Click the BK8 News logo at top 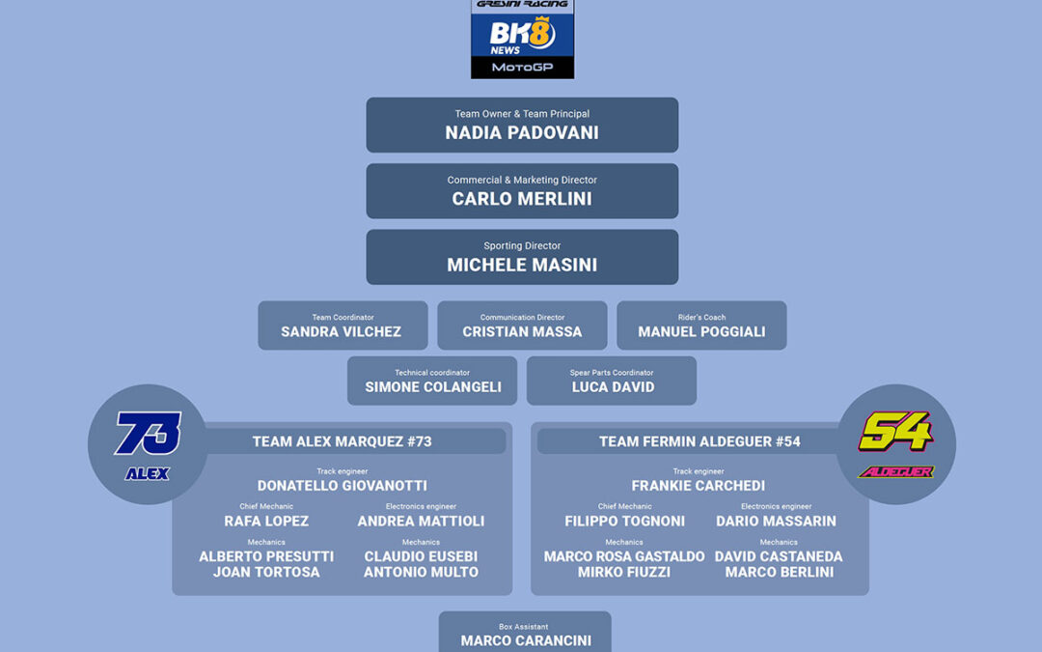[522, 38]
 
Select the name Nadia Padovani [522, 133]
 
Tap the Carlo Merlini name [522, 199]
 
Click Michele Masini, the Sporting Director [522, 265]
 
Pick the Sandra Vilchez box [343, 326]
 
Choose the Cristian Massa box [522, 326]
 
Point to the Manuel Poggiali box [701, 326]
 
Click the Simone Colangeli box [432, 381]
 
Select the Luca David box [612, 381]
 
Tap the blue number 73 [148, 434]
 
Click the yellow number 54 [895, 432]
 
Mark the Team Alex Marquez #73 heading [343, 441]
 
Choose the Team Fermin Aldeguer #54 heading [699, 441]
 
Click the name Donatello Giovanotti [343, 486]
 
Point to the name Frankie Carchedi [699, 486]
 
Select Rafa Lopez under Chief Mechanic [266, 521]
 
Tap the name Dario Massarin [776, 521]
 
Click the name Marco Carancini [526, 640]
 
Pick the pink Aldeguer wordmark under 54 [895, 471]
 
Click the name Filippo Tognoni [624, 521]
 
